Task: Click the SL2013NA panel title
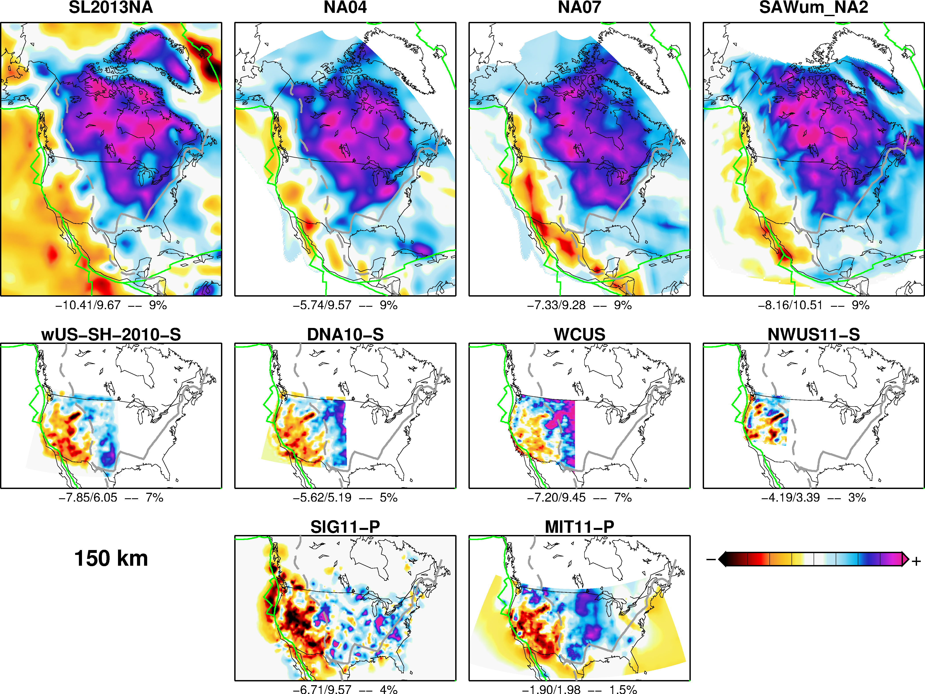click(x=111, y=8)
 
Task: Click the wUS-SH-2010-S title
click(x=111, y=334)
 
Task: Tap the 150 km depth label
click(x=111, y=558)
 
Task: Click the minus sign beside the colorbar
click(x=710, y=559)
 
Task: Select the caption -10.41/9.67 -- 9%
click(x=111, y=305)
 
